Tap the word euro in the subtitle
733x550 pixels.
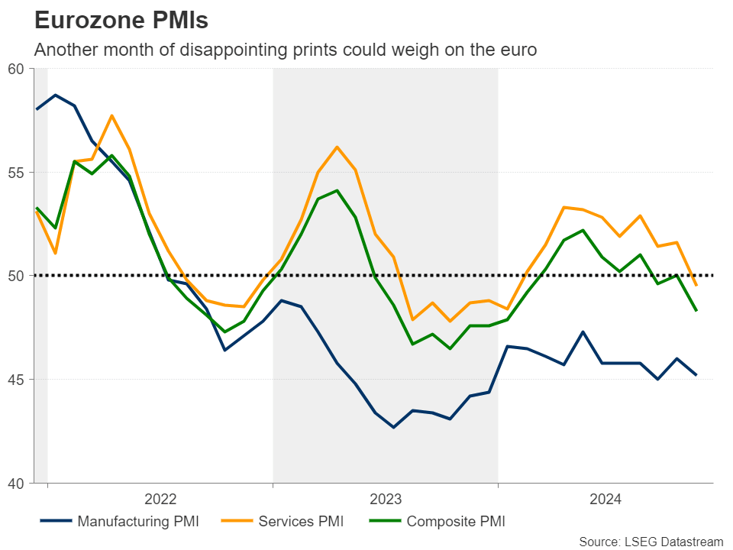[518, 50]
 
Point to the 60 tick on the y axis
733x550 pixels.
[17, 69]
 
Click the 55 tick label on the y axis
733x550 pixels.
[17, 173]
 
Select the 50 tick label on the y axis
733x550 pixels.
[17, 276]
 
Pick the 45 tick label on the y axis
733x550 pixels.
[17, 380]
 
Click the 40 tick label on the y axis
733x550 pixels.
[17, 483]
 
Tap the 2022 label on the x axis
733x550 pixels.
[160, 500]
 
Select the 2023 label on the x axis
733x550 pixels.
[386, 500]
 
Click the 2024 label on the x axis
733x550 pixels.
[605, 500]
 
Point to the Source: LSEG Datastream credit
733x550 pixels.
[651, 542]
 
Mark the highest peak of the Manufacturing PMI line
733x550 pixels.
[56, 95]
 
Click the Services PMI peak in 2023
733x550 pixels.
[337, 147]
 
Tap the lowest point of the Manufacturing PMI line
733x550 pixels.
[394, 427]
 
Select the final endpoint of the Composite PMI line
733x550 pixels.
[696, 310]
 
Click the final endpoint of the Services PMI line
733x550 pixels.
[696, 286]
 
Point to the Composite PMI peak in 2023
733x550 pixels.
[337, 190]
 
